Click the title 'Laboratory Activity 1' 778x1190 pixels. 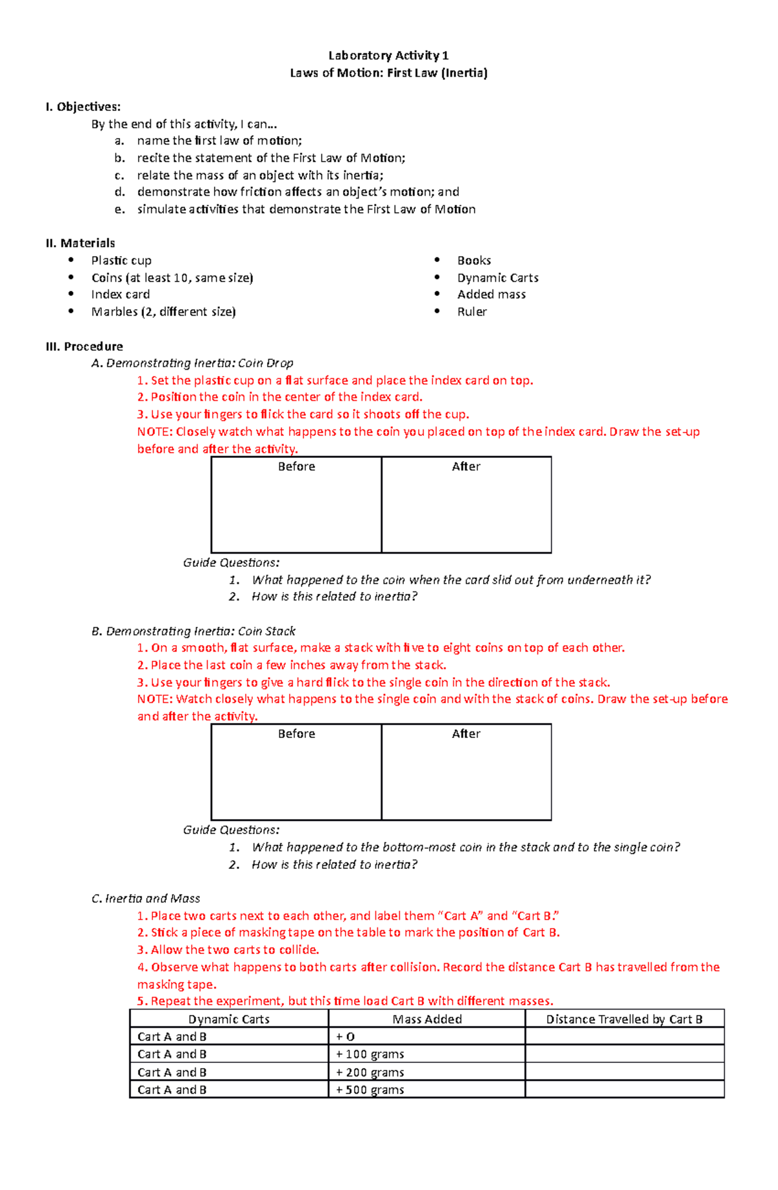388,55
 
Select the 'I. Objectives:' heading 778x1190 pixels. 83,107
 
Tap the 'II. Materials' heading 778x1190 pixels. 80,243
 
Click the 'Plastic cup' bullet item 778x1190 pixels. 121,260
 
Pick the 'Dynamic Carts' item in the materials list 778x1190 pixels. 497,278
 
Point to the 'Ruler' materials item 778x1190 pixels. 471,312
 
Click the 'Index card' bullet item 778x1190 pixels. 121,294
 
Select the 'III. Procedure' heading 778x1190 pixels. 84,346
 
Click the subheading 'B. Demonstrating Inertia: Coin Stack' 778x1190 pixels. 193,631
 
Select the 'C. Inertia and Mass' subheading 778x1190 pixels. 146,898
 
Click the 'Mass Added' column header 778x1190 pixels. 427,1019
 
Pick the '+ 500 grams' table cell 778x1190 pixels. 370,1090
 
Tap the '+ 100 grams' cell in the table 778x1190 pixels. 370,1054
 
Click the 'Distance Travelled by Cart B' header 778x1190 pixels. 624,1019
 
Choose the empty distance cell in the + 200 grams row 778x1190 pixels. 624,1072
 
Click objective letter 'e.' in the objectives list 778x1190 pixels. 119,209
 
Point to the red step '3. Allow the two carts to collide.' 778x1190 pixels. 228,950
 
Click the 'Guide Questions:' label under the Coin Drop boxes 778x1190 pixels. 231,562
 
